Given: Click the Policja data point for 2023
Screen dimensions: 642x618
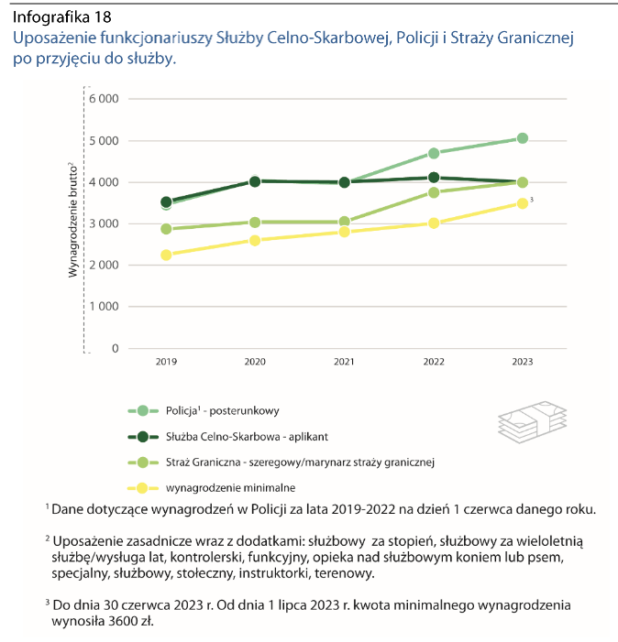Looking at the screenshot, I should click(522, 138).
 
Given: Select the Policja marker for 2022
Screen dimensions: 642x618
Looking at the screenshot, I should click(434, 153).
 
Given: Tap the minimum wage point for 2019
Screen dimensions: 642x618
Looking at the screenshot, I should click(166, 255).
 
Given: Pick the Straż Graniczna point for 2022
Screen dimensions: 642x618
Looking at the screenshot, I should click(434, 192).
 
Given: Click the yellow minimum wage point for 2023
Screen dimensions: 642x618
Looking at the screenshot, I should click(522, 203).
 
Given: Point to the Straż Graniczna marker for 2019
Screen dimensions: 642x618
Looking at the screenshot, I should click(166, 229).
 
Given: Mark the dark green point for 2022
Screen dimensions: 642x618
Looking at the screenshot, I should click(434, 178).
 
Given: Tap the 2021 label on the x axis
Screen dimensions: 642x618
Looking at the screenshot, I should click(344, 363).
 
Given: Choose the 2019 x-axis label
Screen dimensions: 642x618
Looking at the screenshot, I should click(166, 363).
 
